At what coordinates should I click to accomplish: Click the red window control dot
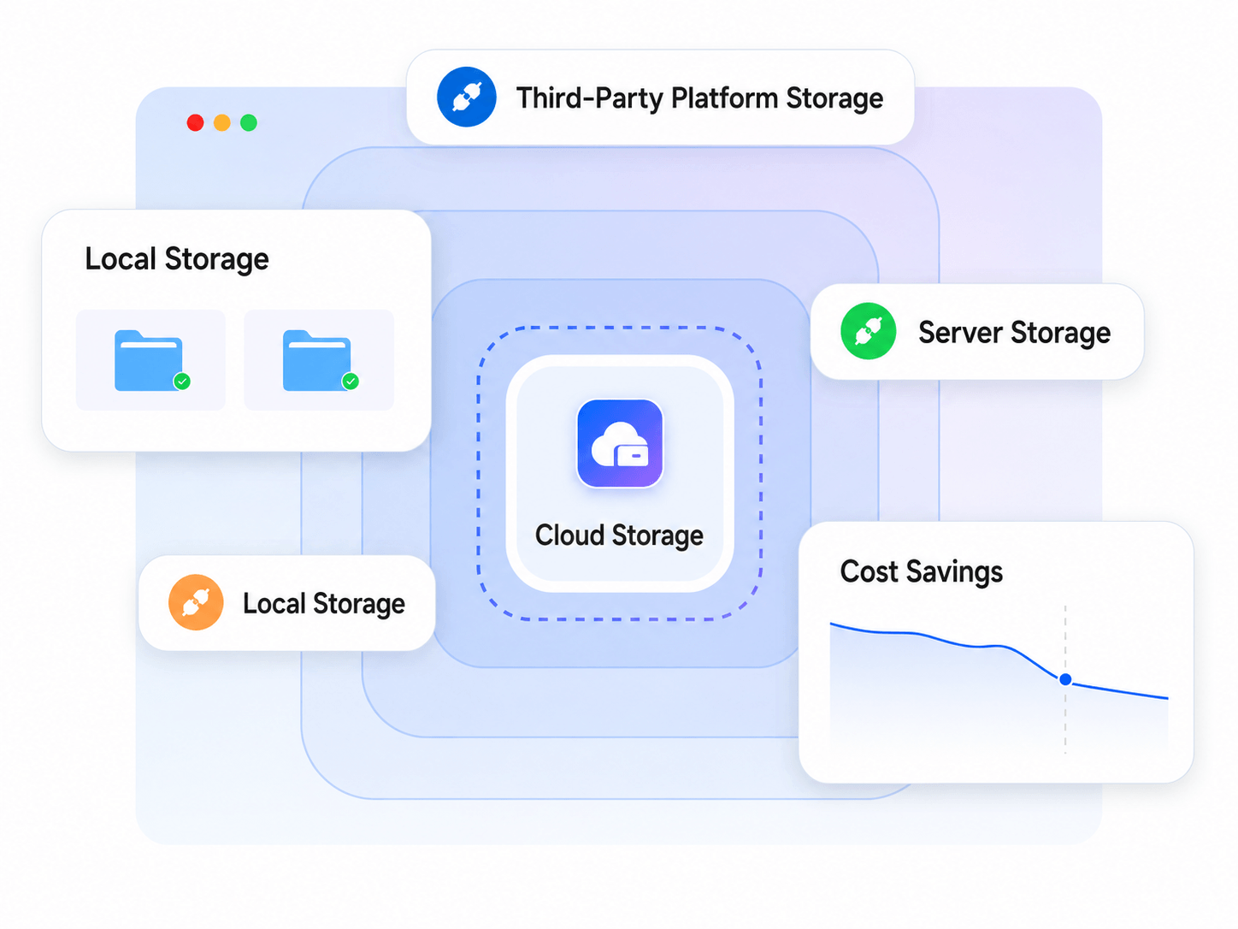coord(195,122)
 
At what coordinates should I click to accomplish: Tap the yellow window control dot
coord(222,122)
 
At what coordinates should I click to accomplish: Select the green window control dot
coord(249,122)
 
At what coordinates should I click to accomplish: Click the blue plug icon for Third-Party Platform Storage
coord(467,97)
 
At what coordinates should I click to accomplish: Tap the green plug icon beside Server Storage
coord(868,331)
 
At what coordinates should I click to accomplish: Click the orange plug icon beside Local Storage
coord(196,602)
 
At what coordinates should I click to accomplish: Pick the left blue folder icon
coord(149,360)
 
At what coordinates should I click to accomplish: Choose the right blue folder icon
coord(317,360)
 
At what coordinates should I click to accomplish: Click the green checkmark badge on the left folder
coord(181,382)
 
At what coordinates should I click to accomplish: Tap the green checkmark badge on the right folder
coord(351,382)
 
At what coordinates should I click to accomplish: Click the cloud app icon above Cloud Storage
coord(619,443)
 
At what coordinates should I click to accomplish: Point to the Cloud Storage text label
coord(619,536)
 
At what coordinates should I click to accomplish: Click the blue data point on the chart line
coord(1065,680)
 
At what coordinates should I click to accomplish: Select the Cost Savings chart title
coord(922,572)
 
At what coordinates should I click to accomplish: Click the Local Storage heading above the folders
coord(177,259)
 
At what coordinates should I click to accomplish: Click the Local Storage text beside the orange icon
coord(324,604)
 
